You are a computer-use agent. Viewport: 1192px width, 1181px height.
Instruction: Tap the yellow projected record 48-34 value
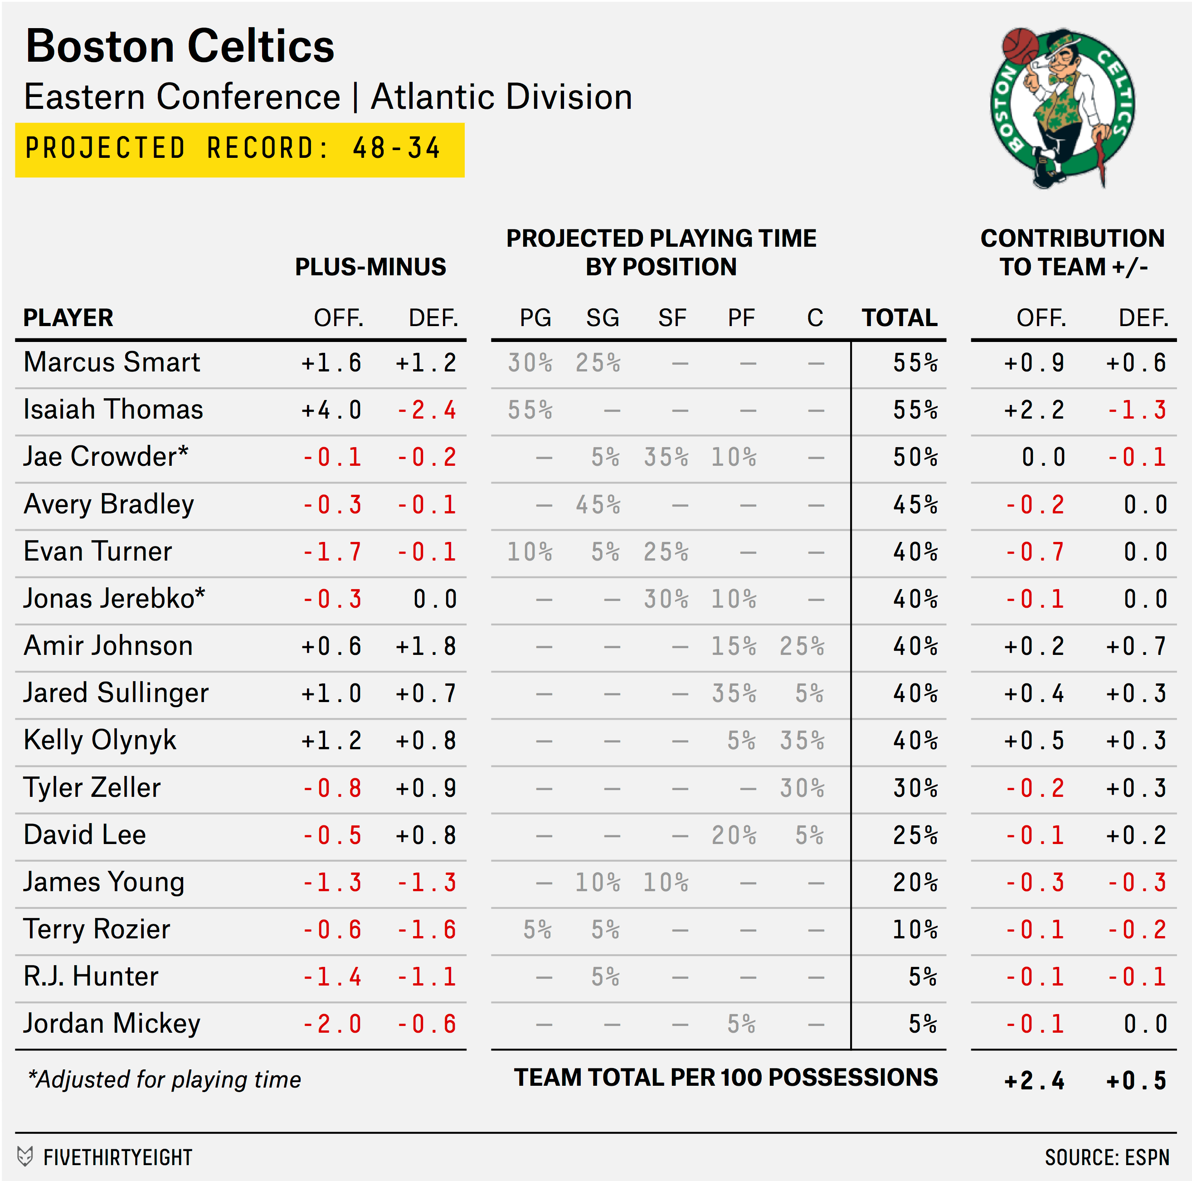396,149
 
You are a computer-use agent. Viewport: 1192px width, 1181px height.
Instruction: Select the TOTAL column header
899,318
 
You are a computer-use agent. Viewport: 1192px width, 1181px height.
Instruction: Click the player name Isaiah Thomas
113,410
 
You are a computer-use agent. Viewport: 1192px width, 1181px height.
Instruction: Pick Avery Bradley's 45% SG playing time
598,505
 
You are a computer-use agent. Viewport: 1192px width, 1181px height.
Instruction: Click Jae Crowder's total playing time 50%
915,458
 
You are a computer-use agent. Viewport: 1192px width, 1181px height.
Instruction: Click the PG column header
535,318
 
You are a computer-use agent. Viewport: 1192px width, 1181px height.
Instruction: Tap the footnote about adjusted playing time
165,1080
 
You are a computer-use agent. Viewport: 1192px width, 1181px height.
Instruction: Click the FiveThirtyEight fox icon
24,1157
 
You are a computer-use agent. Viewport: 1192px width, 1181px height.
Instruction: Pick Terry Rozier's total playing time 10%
915,930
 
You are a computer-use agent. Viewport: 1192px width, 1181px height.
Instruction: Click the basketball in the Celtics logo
1021,47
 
